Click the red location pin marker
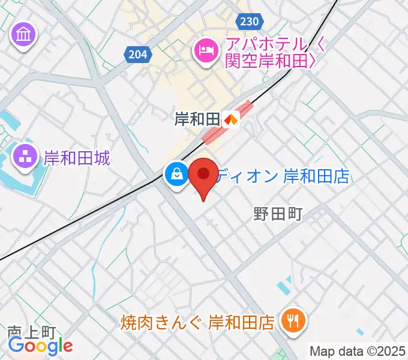click(x=203, y=175)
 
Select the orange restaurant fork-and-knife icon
click(x=293, y=322)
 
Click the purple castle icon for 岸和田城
click(x=25, y=158)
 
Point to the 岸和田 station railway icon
click(x=231, y=119)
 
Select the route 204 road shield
click(x=137, y=55)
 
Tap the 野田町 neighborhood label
click(x=276, y=214)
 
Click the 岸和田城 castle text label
click(x=77, y=158)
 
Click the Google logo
click(x=40, y=346)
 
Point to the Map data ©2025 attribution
click(x=358, y=351)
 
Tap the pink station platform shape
click(x=227, y=124)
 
